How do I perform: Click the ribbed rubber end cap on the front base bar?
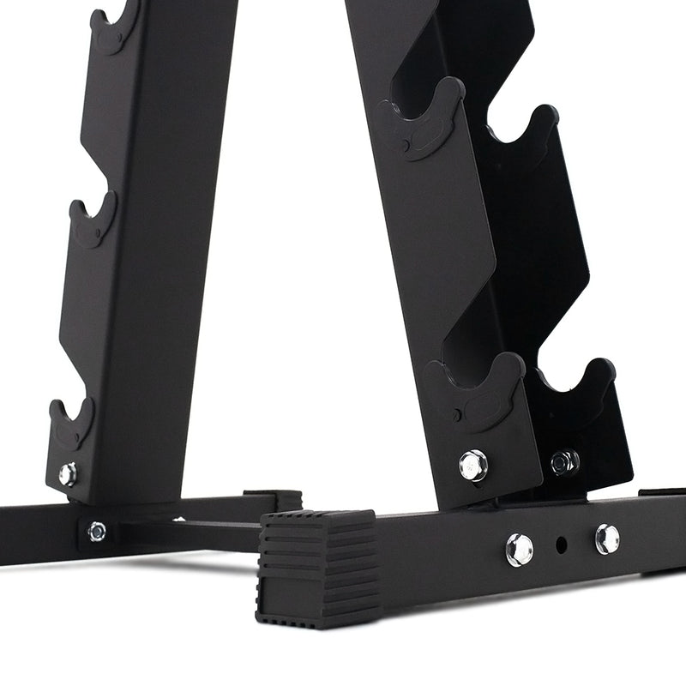click(x=317, y=562)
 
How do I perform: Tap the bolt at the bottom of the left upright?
click(x=68, y=473)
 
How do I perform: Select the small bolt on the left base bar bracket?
click(x=97, y=531)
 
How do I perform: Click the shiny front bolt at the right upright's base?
click(x=472, y=465)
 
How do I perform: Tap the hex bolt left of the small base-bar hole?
click(x=519, y=549)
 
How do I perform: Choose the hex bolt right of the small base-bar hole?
click(x=607, y=538)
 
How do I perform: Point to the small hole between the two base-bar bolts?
click(x=562, y=544)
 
